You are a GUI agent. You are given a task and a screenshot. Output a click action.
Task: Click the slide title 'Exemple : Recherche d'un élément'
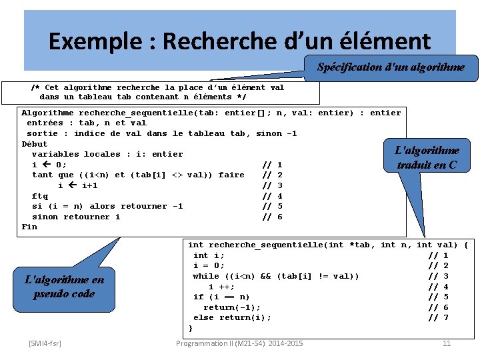coord(239,41)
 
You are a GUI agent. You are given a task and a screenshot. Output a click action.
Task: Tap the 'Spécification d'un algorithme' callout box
coord(391,67)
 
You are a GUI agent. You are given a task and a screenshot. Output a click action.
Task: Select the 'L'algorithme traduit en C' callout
coord(427,158)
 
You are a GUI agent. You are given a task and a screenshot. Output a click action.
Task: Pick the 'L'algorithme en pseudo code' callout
coord(64,287)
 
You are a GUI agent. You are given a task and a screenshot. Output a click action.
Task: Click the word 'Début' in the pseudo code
coord(35,144)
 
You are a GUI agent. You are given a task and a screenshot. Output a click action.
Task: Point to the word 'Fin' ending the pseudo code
coord(29,227)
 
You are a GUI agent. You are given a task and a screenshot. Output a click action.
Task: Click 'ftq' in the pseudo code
coord(40,196)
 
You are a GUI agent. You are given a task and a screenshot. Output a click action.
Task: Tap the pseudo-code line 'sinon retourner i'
coord(76,217)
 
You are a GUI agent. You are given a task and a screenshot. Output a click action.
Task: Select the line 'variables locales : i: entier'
coord(107,154)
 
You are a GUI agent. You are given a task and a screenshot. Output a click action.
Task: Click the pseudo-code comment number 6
coord(280,217)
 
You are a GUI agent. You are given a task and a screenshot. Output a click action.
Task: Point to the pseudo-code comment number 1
coord(280,165)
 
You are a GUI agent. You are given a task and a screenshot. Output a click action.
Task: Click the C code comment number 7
coord(445,317)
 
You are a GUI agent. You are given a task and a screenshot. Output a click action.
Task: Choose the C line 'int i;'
coord(209,255)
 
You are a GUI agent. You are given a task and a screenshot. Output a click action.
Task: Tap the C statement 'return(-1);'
coord(232,307)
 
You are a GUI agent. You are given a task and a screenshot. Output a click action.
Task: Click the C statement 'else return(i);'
coord(232,317)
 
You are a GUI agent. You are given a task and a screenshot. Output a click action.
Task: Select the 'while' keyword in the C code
coord(206,276)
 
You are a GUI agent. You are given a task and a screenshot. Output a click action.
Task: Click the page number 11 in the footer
coord(447,343)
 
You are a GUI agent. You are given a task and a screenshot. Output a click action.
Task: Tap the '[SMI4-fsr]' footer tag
coord(45,343)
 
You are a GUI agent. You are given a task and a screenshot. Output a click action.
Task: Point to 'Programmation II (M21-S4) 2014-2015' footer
coord(239,343)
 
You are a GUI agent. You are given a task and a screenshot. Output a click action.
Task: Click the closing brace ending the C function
coord(191,328)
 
